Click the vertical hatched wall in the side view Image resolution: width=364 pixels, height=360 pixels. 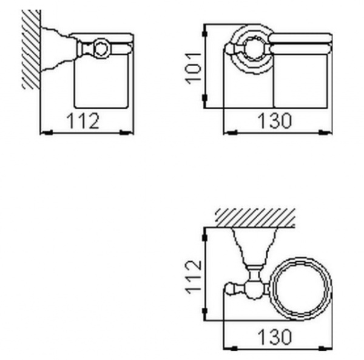click(x=31, y=49)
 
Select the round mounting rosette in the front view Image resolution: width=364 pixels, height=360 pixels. click(x=249, y=47)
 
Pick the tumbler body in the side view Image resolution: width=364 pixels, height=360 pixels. click(x=101, y=82)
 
